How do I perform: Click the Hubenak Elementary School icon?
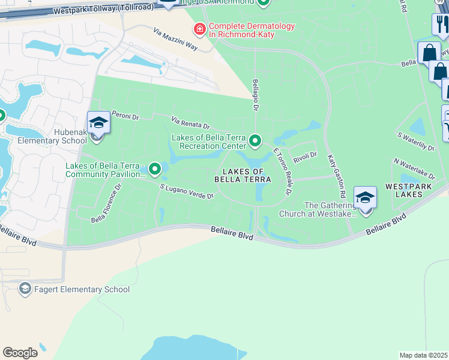click(x=98, y=124)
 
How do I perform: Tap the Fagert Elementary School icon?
click(x=25, y=289)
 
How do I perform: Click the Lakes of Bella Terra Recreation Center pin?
click(x=255, y=142)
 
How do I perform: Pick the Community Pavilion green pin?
click(x=155, y=169)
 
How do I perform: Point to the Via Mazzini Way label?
click(x=175, y=38)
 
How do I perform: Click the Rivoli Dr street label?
click(x=305, y=155)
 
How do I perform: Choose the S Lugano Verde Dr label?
click(x=187, y=191)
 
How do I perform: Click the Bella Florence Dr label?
click(x=106, y=203)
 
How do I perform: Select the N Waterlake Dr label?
click(x=414, y=168)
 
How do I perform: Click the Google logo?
click(x=20, y=353)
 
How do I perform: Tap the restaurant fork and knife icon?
click(x=441, y=25)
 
